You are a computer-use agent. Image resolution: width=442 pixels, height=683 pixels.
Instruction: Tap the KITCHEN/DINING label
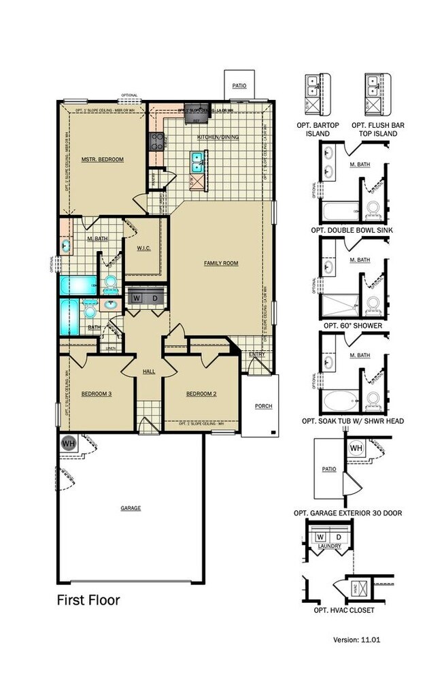218,137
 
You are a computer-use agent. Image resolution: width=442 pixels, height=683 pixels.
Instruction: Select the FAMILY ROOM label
221,263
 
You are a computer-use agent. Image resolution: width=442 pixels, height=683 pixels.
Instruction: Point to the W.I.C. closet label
143,248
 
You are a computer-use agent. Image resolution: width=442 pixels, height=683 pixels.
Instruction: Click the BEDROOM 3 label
96,394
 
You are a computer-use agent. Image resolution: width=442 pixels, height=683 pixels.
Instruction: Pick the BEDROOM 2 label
201,394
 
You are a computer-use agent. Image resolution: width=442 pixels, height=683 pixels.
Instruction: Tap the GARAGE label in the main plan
131,507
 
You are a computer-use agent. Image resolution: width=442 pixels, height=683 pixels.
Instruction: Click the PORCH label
263,406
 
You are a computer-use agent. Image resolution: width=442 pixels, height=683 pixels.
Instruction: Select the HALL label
149,371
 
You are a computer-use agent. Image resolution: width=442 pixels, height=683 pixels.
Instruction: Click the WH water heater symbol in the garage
68,443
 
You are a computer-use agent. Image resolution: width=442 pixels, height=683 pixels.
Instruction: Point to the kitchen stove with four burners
156,141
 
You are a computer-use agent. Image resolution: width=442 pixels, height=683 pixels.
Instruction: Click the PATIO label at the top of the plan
239,86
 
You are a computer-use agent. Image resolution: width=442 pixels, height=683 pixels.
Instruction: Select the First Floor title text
88,600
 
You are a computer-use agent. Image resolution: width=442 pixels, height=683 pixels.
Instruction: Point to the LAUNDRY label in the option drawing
329,546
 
